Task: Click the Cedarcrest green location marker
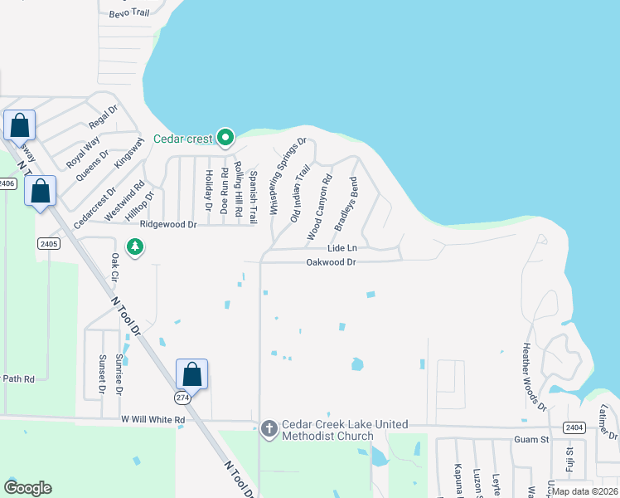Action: pyautogui.click(x=225, y=138)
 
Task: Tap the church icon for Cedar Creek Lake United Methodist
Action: pyautogui.click(x=269, y=428)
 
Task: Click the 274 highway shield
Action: pyautogui.click(x=182, y=398)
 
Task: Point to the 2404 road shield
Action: pyautogui.click(x=574, y=427)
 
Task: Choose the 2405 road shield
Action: pyautogui.click(x=47, y=243)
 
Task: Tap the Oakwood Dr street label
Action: pyautogui.click(x=331, y=262)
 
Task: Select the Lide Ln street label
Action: pyautogui.click(x=341, y=248)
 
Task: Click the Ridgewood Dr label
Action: pyautogui.click(x=168, y=224)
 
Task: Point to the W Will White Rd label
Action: pyautogui.click(x=153, y=420)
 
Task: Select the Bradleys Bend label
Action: pyautogui.click(x=346, y=204)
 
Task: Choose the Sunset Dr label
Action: pyautogui.click(x=102, y=374)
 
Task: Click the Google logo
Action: pyautogui.click(x=27, y=488)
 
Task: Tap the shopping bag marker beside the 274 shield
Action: pyautogui.click(x=191, y=373)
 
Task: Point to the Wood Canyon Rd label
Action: pyautogui.click(x=319, y=207)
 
